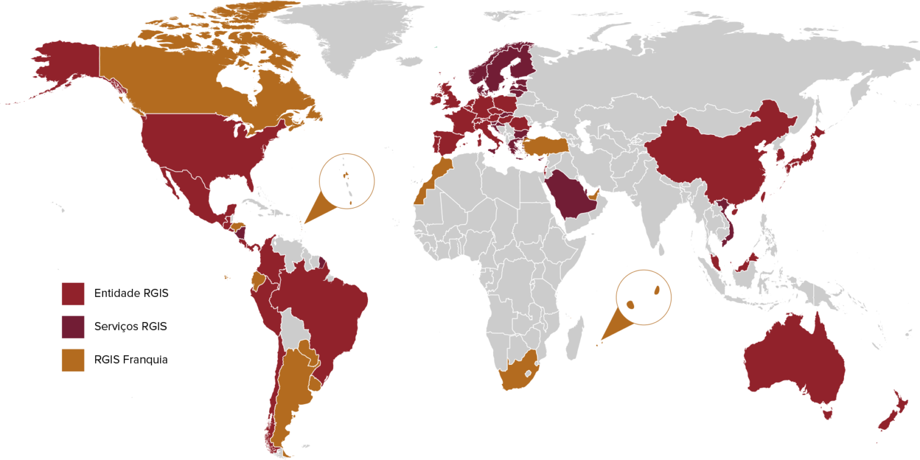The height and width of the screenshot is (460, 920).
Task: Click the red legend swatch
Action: (x=72, y=294)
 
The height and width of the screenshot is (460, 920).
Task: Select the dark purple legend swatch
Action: (x=72, y=328)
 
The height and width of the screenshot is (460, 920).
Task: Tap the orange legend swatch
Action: (x=72, y=360)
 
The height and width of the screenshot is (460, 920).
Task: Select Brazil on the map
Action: (x=325, y=307)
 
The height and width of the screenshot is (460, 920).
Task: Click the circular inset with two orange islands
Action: (x=643, y=297)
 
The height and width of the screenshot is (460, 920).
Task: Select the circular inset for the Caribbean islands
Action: (x=347, y=181)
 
